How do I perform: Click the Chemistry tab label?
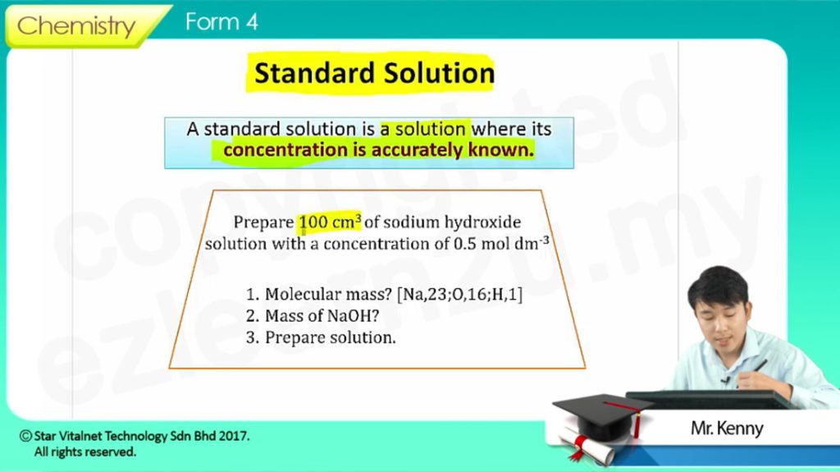pyautogui.click(x=76, y=25)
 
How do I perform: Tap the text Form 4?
pyautogui.click(x=221, y=22)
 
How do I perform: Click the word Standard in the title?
pyautogui.click(x=314, y=73)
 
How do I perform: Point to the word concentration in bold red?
pyautogui.click(x=285, y=149)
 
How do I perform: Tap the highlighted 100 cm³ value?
pyautogui.click(x=330, y=222)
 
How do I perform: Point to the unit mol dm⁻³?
pyautogui.click(x=515, y=243)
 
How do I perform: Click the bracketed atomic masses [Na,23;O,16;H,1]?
pyautogui.click(x=459, y=295)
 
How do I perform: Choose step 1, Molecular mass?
pyautogui.click(x=319, y=295)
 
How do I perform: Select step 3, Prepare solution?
pyautogui.click(x=321, y=338)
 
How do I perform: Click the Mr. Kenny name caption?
pyautogui.click(x=727, y=428)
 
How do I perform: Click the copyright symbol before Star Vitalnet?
pyautogui.click(x=25, y=436)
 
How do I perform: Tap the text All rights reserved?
pyautogui.click(x=85, y=452)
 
